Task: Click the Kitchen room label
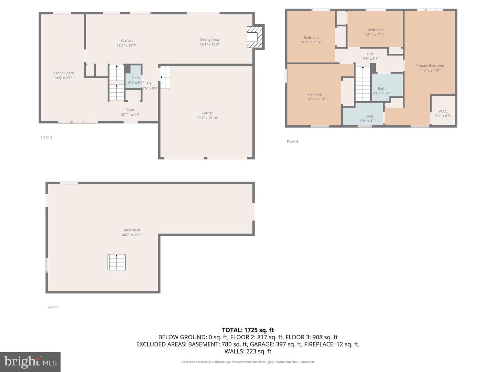click(126, 41)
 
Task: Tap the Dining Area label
click(209, 40)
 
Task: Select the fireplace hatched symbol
click(255, 37)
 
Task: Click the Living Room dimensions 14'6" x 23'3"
click(64, 78)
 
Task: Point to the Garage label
click(207, 113)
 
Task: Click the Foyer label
click(130, 110)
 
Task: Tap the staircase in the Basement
click(117, 262)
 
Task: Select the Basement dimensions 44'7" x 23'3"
click(132, 235)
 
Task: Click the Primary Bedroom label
click(430, 66)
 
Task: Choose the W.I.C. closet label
click(443, 111)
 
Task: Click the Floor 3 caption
click(292, 141)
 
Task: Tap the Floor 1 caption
click(53, 307)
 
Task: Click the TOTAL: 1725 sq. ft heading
click(248, 330)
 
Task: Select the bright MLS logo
click(30, 362)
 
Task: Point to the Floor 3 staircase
click(363, 83)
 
